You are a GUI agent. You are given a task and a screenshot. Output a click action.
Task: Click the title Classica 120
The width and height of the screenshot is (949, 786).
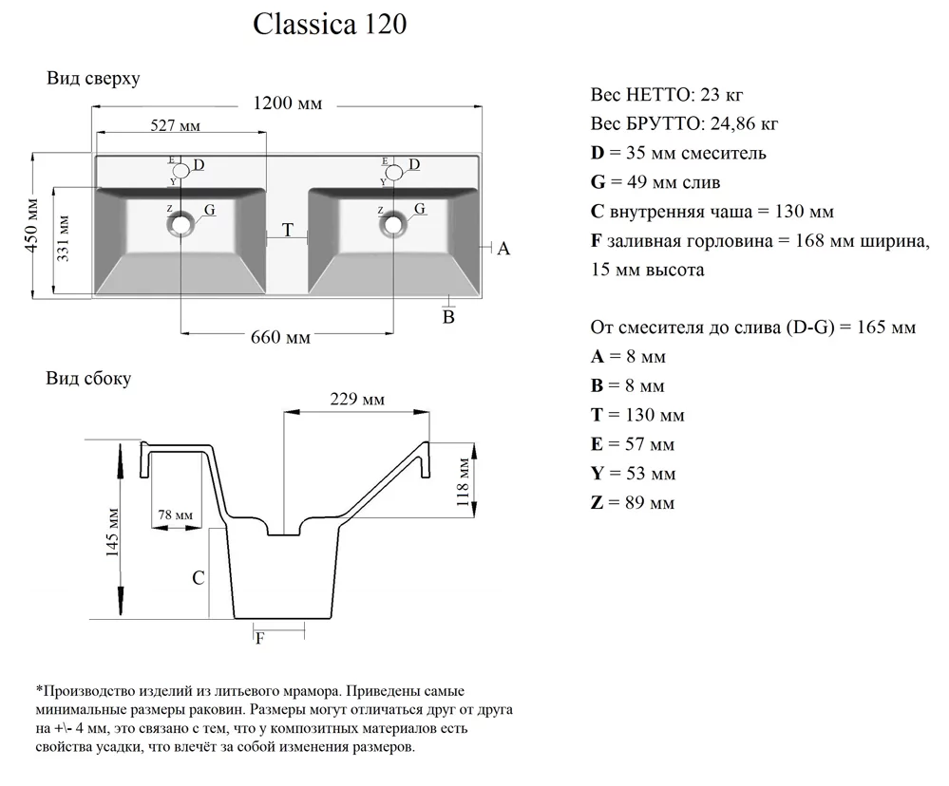pos(330,25)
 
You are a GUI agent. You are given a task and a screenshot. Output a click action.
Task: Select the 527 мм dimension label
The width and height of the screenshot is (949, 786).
pos(176,126)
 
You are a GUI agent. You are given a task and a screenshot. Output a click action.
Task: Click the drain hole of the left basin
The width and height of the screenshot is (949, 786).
pos(180,225)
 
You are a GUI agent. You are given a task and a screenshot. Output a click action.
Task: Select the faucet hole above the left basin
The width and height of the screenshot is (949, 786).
pos(180,171)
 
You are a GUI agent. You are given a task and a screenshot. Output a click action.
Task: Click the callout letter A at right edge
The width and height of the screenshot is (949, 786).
pos(503,249)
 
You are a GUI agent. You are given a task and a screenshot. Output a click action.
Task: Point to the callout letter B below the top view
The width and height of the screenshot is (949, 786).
pos(449,315)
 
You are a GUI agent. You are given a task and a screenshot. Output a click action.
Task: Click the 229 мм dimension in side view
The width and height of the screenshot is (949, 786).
pos(357,400)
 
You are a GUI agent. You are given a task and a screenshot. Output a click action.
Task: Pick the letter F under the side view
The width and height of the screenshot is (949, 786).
pos(259,638)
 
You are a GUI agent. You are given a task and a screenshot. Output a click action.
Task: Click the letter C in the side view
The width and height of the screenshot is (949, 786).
pos(198,577)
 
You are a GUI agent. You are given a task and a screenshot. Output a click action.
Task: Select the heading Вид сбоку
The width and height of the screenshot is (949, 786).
pos(89,379)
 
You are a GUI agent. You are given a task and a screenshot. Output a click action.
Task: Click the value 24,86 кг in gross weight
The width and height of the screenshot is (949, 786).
pos(741,124)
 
